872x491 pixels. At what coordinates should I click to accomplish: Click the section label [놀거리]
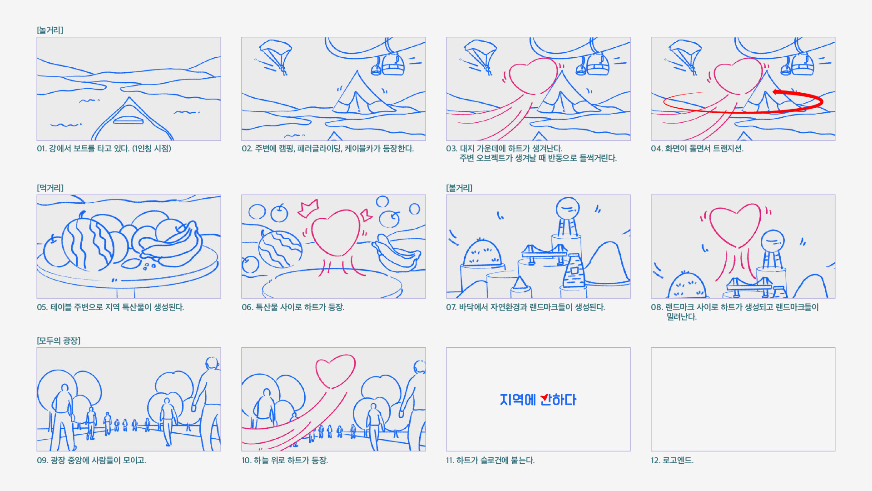coord(50,30)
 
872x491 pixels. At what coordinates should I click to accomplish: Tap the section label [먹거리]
coord(50,188)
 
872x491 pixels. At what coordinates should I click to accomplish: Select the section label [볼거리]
coord(459,188)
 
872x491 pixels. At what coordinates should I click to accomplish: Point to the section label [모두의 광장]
coord(59,341)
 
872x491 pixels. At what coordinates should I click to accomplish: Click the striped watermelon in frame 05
coord(88,243)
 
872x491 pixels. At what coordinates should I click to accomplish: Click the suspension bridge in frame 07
coord(544,254)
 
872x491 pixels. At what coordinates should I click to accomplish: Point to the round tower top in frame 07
coord(568,209)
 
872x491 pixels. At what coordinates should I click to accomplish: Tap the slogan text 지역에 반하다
coord(538,400)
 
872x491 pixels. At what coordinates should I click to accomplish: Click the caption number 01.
coord(41,149)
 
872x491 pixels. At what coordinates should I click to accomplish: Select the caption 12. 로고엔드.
coord(672,460)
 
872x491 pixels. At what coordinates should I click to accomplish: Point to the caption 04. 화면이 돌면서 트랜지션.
coord(697,149)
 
